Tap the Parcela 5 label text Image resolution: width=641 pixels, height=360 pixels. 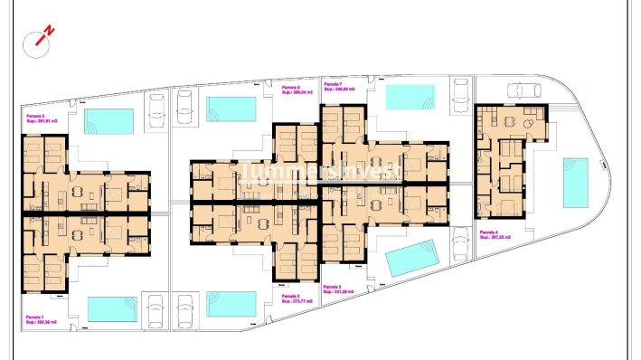click(42, 118)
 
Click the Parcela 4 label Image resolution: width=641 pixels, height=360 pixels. click(495, 235)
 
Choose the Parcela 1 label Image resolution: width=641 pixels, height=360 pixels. click(42, 318)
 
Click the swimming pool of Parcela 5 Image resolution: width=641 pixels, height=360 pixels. click(108, 120)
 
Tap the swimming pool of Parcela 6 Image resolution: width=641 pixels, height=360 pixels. click(231, 109)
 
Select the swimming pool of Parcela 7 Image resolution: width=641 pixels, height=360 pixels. click(410, 97)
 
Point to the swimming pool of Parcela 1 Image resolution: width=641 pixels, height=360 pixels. click(112, 308)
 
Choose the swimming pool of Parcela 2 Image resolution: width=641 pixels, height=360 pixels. click(231, 303)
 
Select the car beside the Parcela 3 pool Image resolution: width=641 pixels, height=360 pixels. click(459, 251)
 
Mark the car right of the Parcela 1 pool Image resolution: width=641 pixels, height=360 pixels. click(156, 308)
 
